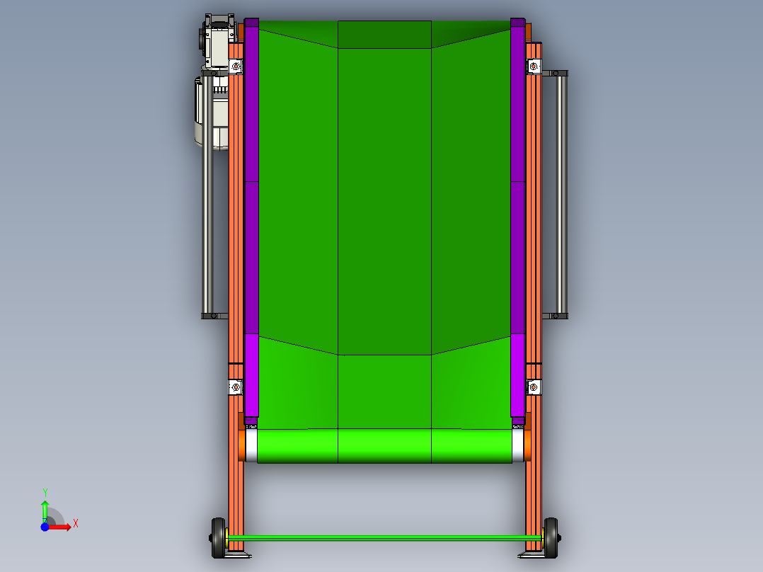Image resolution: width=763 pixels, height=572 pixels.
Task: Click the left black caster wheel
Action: (x=218, y=539)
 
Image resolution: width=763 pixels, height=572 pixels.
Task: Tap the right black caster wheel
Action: (x=550, y=539)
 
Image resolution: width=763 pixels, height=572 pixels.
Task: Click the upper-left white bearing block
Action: (x=236, y=67)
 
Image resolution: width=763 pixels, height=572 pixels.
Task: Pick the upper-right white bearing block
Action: (x=534, y=67)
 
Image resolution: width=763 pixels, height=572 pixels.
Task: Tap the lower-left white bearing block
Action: (x=236, y=387)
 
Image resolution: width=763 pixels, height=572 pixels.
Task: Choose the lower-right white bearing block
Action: (x=534, y=387)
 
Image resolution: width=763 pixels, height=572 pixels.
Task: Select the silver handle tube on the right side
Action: (x=562, y=193)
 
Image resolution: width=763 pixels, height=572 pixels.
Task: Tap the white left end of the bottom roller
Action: (x=251, y=445)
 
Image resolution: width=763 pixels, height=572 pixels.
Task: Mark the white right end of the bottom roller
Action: (x=517, y=445)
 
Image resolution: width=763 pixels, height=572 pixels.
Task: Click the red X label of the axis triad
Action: (x=76, y=524)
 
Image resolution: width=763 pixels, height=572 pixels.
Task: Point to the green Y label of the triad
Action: (x=45, y=492)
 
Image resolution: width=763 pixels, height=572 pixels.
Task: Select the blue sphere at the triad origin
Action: (x=45, y=527)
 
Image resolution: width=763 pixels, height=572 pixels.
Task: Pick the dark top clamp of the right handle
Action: (x=556, y=72)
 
